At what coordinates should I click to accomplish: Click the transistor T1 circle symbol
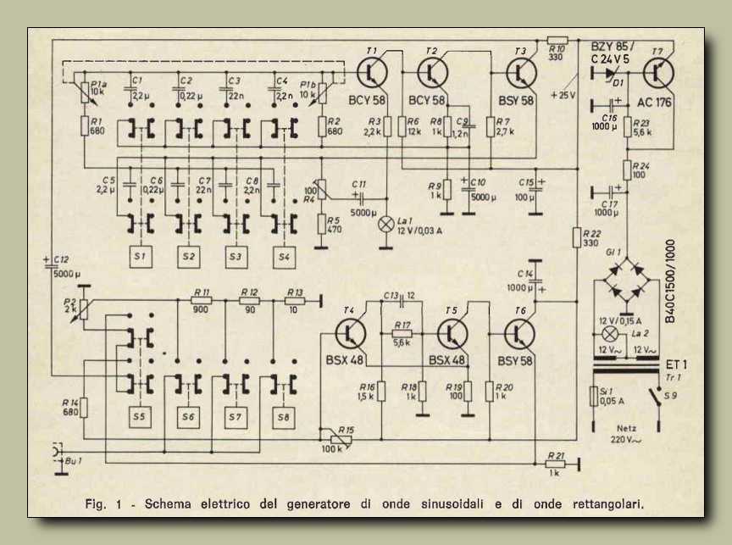pos(374,74)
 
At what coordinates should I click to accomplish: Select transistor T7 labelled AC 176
pos(657,73)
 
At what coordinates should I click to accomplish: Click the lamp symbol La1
pos(386,225)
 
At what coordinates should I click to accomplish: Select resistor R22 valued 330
pos(576,236)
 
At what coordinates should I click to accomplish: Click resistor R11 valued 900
pos(202,300)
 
